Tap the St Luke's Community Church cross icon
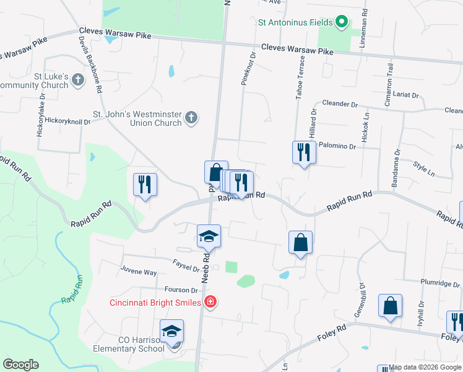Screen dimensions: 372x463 [77, 79]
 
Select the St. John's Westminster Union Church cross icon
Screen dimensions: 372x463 [191, 117]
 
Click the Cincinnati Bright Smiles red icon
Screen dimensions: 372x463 [210, 302]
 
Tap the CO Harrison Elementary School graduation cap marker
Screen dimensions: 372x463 [171, 331]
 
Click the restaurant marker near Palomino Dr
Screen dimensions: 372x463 [304, 152]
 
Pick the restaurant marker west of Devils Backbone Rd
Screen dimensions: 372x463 [145, 184]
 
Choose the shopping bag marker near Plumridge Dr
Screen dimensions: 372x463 [390, 306]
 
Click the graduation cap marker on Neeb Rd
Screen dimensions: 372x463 [209, 236]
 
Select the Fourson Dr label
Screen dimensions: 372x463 [181, 290]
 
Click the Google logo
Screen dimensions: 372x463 [20, 365]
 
